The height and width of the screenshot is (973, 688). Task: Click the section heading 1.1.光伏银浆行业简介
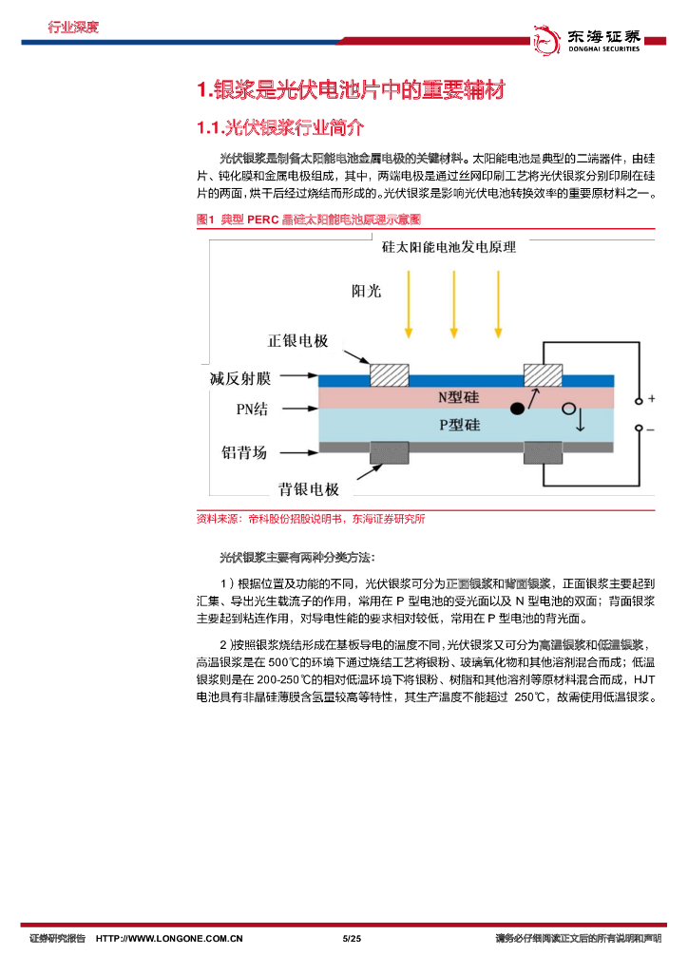coord(280,128)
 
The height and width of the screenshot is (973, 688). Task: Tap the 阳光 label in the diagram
coord(366,291)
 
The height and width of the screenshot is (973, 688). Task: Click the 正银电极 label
coord(297,341)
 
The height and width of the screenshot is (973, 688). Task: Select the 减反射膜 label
coord(240,378)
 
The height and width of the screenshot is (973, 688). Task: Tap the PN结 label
coord(252,410)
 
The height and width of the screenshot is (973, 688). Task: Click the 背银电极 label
coord(309,489)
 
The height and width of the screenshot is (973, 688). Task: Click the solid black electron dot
coord(517,409)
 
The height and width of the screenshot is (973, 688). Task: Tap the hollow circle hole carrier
coord(569,410)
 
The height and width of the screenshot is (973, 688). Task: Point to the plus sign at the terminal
coord(651,397)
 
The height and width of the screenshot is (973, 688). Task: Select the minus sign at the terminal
coord(651,429)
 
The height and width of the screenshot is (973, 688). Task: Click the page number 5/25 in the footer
coord(352,939)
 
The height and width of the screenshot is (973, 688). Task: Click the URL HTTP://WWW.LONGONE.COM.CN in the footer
coord(169,939)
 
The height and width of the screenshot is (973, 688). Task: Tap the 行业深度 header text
coord(73,27)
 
